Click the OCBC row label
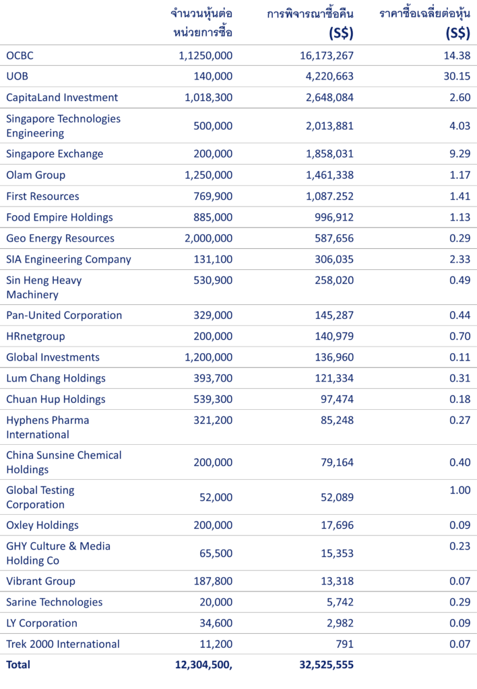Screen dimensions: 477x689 (x=20, y=56)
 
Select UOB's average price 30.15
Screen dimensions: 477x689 (x=457, y=77)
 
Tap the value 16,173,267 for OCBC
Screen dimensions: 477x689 (x=327, y=56)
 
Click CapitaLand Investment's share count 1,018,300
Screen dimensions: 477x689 (x=209, y=98)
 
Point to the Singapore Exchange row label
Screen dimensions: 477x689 (x=55, y=154)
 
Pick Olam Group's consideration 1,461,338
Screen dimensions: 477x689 (x=329, y=175)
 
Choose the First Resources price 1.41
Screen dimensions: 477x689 (x=460, y=196)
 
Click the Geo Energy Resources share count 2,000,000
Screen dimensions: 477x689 (x=209, y=238)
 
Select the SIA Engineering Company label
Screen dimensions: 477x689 (x=69, y=259)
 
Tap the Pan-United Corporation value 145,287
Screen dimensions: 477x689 (x=334, y=315)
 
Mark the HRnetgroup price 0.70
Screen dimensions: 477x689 (x=460, y=336)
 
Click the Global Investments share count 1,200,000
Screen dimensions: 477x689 (x=209, y=357)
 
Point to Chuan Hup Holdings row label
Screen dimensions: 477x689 (x=56, y=399)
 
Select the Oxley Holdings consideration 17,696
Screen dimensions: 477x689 (x=337, y=525)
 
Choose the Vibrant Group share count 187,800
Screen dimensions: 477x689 (x=213, y=581)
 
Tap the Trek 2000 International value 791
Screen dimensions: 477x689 (x=344, y=644)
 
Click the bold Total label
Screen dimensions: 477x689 (x=18, y=664)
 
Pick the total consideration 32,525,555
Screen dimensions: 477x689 (x=327, y=665)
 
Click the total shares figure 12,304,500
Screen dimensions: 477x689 (x=203, y=665)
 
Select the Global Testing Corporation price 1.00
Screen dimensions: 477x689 (x=460, y=490)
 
